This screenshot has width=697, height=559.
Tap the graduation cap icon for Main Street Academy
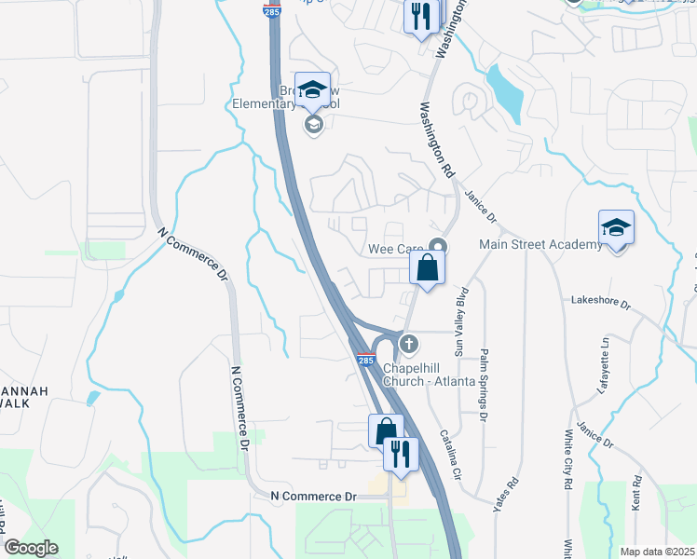(x=616, y=228)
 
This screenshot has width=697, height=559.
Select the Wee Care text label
(x=396, y=249)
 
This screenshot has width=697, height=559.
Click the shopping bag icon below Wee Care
(x=427, y=268)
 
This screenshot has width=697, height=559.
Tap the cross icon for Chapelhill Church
(x=408, y=344)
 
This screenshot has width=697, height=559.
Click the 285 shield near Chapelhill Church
(x=364, y=361)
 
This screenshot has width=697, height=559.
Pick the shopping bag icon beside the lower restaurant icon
(x=386, y=431)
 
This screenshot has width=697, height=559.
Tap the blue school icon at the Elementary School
(x=313, y=89)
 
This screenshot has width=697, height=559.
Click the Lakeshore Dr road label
(x=601, y=303)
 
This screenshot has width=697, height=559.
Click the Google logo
(x=31, y=548)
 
